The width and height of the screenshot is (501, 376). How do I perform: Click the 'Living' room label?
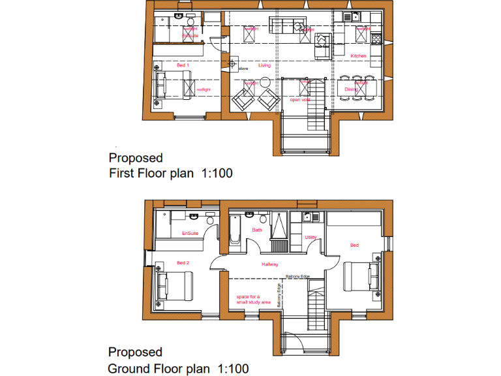[x=264, y=65]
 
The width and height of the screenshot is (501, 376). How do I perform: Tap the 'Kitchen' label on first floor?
[x=359, y=56]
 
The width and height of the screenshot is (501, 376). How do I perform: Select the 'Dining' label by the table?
[x=352, y=89]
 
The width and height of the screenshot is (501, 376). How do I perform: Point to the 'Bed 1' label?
[x=183, y=65]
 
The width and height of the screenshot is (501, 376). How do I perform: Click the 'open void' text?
[x=300, y=100]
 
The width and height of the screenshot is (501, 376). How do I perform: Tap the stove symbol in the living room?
[x=233, y=63]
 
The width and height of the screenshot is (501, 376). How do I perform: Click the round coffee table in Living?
[x=266, y=82]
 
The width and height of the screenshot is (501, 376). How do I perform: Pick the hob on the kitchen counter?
[x=376, y=40]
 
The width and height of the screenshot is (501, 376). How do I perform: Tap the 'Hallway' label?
[x=270, y=264]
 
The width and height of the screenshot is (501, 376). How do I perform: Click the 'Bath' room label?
[x=257, y=230]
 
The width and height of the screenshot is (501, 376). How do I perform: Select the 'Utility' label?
[x=311, y=237]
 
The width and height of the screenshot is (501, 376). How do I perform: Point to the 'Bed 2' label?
[x=183, y=263]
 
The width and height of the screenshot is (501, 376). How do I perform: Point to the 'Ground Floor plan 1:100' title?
[x=178, y=369]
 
